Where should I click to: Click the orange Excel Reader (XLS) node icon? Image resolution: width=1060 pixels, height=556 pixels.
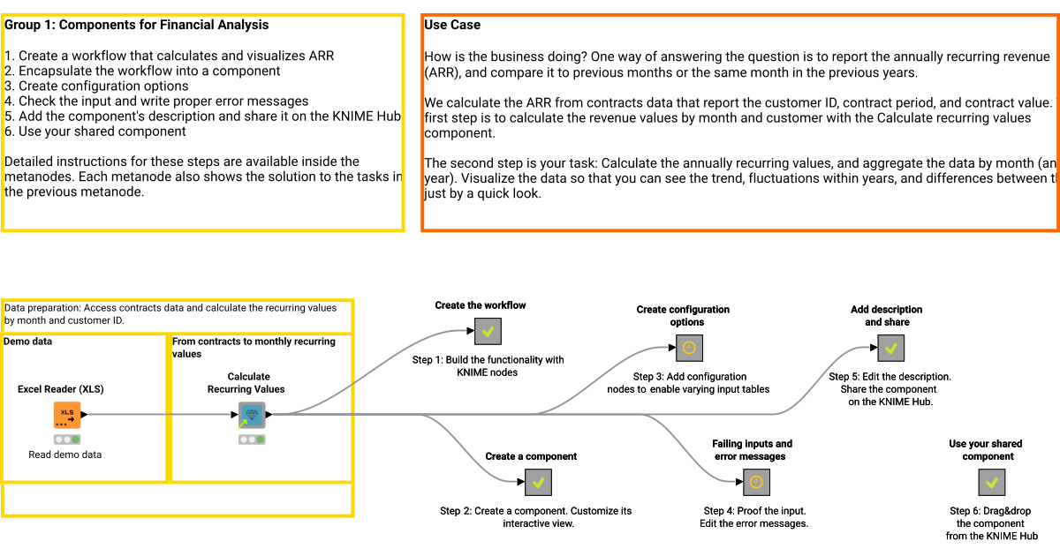[x=66, y=414]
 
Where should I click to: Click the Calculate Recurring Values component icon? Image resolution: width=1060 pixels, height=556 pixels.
[x=252, y=414]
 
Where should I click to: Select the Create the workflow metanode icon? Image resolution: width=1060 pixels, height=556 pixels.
[x=488, y=332]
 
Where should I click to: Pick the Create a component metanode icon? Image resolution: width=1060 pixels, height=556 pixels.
[x=538, y=482]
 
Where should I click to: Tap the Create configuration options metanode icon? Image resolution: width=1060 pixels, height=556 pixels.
[x=690, y=348]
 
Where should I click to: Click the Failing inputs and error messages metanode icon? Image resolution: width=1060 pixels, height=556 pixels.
[x=755, y=482]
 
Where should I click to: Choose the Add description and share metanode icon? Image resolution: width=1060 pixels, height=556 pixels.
[x=890, y=348]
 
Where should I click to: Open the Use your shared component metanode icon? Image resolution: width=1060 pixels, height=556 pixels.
[x=991, y=482]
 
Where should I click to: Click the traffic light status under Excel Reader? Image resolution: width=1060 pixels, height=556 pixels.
[x=66, y=440]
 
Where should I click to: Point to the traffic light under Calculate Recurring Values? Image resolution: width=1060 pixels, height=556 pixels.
[x=252, y=440]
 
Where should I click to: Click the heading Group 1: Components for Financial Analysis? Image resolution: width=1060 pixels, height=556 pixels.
[x=137, y=25]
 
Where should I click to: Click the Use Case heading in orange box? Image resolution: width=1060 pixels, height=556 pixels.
[x=452, y=25]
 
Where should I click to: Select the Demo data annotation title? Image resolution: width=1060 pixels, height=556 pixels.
[x=29, y=341]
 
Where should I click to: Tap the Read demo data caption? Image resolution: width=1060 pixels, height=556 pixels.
[x=64, y=455]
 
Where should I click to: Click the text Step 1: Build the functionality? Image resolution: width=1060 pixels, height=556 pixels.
[x=488, y=360]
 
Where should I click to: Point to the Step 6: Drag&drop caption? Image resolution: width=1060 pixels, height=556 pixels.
[x=990, y=511]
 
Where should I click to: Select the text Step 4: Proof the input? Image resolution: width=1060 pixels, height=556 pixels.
[x=754, y=511]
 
